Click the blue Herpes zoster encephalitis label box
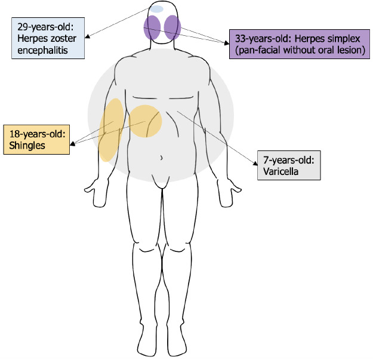[48, 39]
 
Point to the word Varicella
[281, 172]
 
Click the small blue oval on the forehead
[156, 10]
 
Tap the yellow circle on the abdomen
[146, 121]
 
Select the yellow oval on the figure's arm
[112, 128]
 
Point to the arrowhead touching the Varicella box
[254, 158]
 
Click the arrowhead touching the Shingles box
[72, 143]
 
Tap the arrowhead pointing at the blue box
[87, 37]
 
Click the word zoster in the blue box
[59, 39]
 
